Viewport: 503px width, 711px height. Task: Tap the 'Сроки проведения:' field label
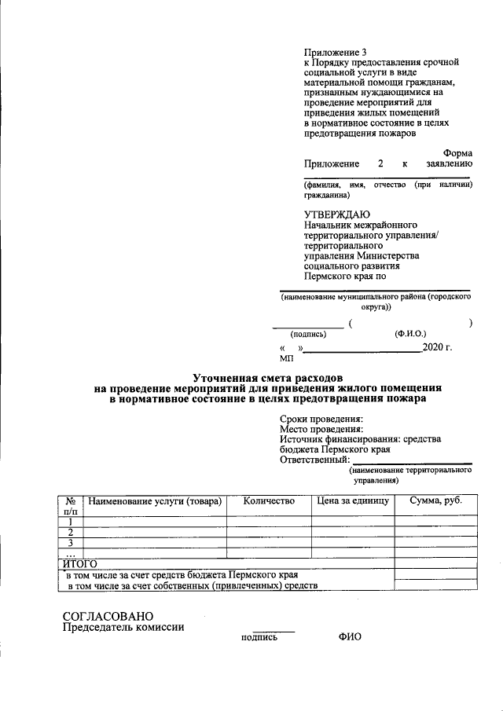(x=321, y=419)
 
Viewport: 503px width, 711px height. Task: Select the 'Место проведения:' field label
(x=321, y=429)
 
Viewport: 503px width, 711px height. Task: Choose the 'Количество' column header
(x=269, y=500)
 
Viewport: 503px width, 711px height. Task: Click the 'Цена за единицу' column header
(x=353, y=500)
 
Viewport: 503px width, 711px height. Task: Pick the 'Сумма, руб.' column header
(x=435, y=500)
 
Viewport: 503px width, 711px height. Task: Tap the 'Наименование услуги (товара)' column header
(x=155, y=500)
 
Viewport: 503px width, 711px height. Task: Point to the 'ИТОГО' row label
(x=79, y=563)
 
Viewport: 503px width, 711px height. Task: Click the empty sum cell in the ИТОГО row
(x=435, y=563)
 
